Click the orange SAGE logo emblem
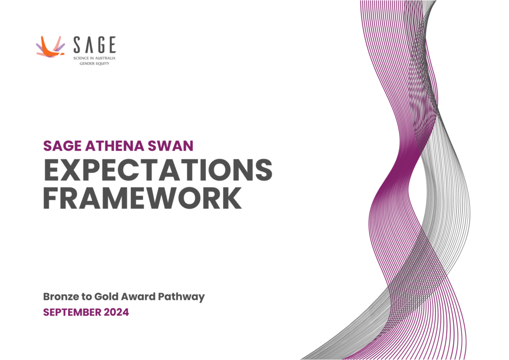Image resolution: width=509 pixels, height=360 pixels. point(50,47)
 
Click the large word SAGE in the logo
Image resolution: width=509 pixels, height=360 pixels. point(94,45)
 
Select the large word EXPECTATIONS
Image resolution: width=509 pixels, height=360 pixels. point(158,171)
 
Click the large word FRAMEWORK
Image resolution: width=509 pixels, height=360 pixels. point(143,198)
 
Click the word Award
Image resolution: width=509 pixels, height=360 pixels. point(142,297)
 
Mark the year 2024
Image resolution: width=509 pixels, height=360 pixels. point(117,313)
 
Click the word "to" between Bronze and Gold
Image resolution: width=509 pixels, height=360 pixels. point(91,297)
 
